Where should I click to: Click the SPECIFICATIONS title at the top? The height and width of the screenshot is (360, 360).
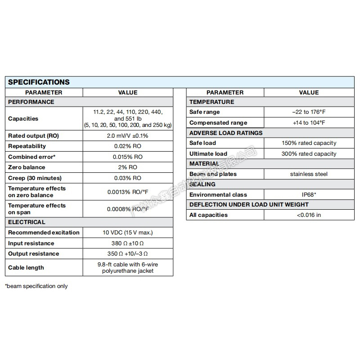39,82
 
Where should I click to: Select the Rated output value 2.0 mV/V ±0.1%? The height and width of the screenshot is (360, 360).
128,135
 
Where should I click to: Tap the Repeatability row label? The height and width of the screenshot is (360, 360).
27,146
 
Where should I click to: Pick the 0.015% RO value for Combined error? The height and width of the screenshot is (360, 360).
128,157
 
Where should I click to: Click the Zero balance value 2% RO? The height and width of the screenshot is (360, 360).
128,167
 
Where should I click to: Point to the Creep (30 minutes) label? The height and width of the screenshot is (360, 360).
35,178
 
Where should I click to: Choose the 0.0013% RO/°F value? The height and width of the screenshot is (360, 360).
128,192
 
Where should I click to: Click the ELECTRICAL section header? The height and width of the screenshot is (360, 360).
27,222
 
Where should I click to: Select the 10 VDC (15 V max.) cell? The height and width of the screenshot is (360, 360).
128,233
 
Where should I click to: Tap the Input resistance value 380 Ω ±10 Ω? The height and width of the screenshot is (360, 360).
128,243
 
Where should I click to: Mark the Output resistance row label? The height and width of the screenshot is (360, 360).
34,254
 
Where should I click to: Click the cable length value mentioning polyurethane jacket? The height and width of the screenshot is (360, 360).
128,268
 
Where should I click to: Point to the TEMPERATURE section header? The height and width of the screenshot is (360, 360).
212,102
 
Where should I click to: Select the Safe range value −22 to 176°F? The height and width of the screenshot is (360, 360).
309,112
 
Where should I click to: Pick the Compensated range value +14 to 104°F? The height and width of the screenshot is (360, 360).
309,123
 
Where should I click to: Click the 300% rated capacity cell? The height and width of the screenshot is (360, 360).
309,154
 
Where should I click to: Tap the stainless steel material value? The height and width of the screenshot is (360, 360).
309,174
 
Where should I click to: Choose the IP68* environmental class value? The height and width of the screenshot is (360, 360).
309,195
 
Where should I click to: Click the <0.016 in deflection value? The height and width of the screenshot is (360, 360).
309,215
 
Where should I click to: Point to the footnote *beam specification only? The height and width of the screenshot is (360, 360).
36,286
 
